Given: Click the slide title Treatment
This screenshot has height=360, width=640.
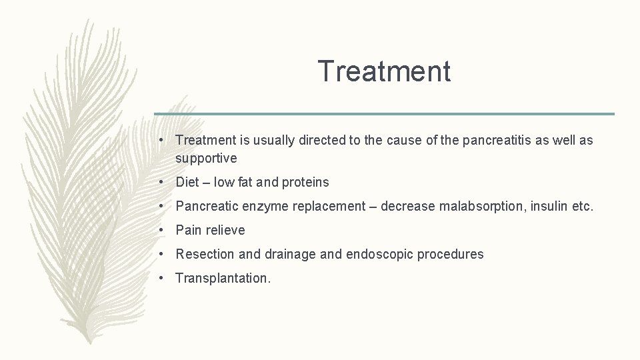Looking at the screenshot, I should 384,71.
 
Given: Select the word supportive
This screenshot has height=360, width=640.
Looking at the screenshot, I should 206,159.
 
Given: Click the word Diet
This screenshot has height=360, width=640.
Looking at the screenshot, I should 187,182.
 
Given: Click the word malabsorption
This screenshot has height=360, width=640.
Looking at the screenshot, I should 482,206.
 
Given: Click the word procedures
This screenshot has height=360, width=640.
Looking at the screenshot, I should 451,254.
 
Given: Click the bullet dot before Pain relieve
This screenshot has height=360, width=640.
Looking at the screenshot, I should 163,230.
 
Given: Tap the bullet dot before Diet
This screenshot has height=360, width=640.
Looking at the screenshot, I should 163,182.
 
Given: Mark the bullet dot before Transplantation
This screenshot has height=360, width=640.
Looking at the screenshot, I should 163,278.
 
